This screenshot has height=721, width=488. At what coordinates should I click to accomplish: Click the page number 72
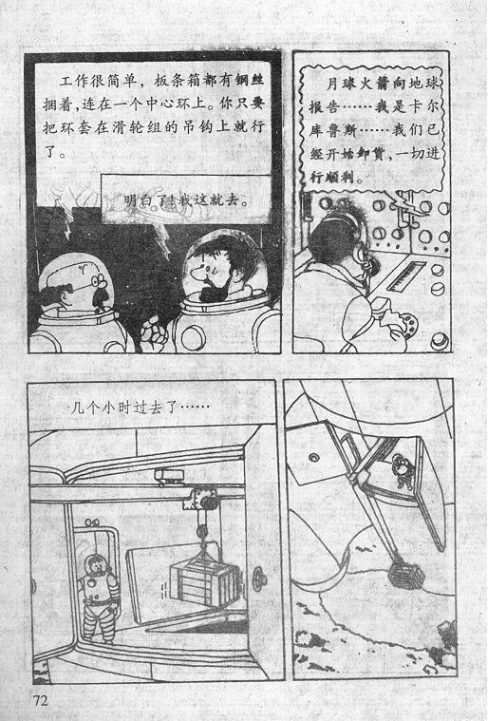coord(41,700)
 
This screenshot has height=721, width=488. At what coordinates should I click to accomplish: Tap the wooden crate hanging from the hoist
coord(204,582)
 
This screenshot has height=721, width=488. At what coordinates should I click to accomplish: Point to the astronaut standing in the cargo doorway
coord(99,598)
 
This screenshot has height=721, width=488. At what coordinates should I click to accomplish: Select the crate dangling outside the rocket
coord(405,576)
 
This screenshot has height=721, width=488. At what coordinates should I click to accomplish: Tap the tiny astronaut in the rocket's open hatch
coord(404,470)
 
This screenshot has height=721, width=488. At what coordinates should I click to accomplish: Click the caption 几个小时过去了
coord(140,408)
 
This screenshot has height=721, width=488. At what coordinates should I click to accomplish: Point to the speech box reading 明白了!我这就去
coord(186,199)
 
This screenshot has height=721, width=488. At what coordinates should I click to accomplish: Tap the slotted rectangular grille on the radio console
coord(406,275)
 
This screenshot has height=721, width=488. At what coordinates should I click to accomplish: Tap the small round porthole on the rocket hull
coord(314,458)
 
